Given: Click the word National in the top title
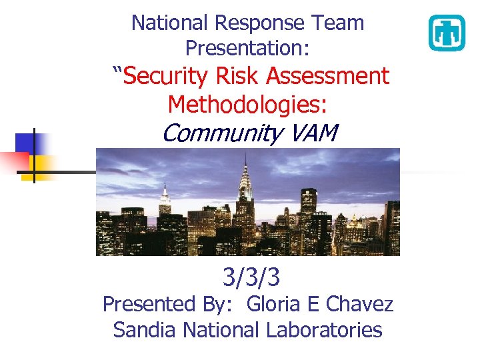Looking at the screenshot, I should click(x=170, y=23).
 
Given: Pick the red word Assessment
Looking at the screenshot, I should click(x=327, y=76).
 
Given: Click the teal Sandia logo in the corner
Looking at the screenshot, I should click(x=446, y=33).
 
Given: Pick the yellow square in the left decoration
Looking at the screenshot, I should click(x=39, y=167).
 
